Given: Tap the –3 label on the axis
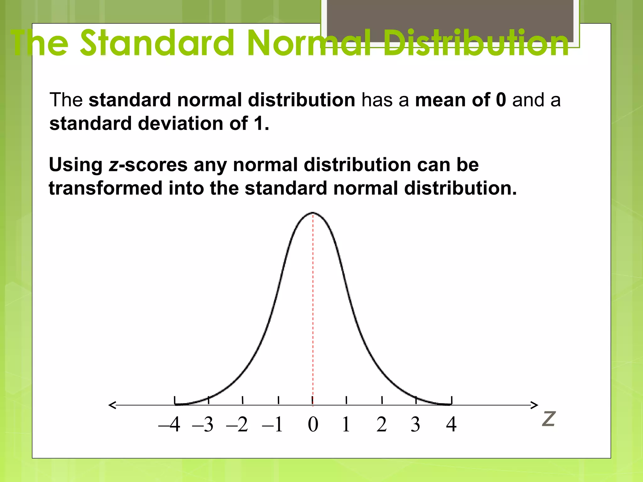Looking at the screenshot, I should click(203, 425).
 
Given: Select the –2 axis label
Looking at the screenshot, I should click(237, 425).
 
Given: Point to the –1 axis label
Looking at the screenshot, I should click(273, 425).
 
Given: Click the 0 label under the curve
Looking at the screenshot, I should click(313, 425).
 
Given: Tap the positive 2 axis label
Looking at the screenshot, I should click(381, 425).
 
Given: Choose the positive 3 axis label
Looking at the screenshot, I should click(415, 425).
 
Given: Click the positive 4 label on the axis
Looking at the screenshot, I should click(451, 425).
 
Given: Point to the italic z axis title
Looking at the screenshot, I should click(549, 419).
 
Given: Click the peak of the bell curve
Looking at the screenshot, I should click(313, 213).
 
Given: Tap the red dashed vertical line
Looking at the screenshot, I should click(313, 308).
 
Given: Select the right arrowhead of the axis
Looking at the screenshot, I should click(534, 405).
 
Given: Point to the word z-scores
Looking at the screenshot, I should click(148, 165).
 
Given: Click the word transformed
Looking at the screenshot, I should click(105, 188).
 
